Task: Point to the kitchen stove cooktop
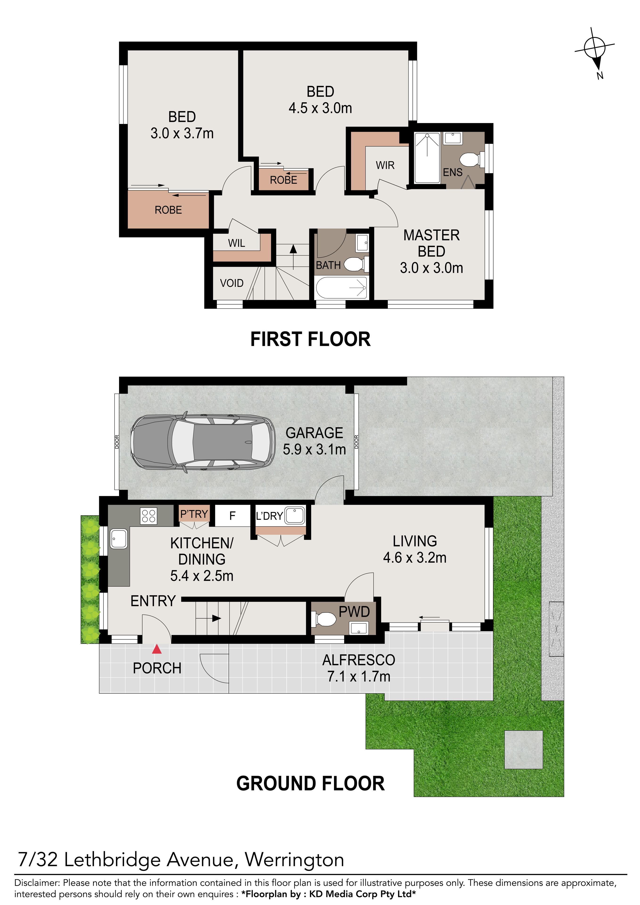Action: coord(149,516)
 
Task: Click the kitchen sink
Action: coord(119,539)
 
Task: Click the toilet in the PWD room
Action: coord(324,619)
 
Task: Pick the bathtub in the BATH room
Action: coord(342,288)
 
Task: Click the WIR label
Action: coord(385,165)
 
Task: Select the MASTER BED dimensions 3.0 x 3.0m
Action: coord(431,268)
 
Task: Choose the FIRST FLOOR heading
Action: coord(310,339)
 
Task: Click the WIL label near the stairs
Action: coord(237,243)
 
